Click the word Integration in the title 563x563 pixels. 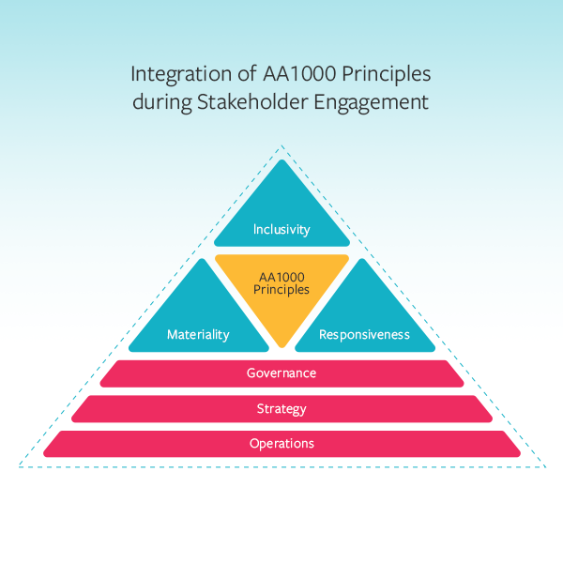(173, 74)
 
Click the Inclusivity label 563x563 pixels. (281, 229)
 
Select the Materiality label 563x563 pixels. (198, 335)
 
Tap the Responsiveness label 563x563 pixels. (364, 335)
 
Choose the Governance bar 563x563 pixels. (281, 373)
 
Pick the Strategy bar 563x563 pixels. (281, 409)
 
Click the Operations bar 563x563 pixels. (281, 444)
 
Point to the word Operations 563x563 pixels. (281, 444)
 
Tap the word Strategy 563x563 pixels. (281, 409)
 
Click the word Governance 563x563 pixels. (281, 373)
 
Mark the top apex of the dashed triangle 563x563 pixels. (281, 145)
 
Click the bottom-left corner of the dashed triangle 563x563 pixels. (20, 465)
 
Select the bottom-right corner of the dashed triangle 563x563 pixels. (543, 465)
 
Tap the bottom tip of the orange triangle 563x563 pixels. (281, 345)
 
